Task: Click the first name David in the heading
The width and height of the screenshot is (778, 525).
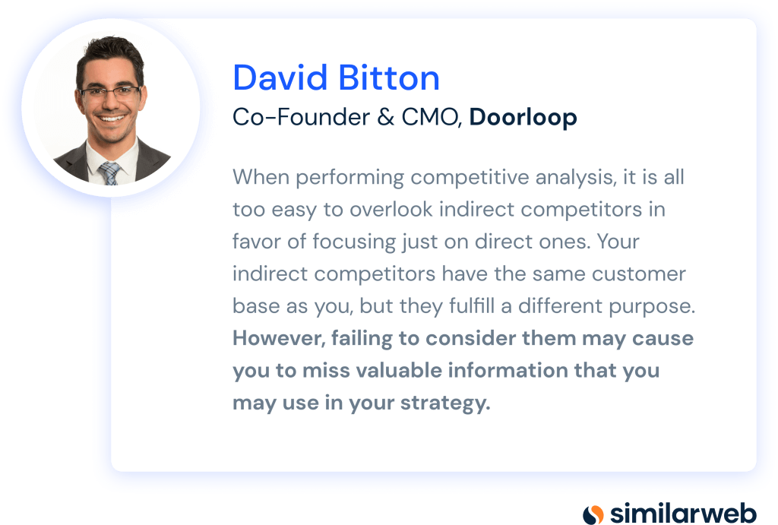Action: (x=280, y=78)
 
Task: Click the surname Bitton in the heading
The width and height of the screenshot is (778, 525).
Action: (x=390, y=78)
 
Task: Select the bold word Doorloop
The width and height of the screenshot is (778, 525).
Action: (x=523, y=117)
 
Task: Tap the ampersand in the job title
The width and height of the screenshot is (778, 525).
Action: (x=385, y=118)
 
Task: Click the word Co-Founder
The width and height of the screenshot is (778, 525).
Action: (x=301, y=118)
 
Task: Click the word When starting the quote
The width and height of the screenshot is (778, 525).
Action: (x=261, y=177)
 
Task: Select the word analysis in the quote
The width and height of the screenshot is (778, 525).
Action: (x=576, y=178)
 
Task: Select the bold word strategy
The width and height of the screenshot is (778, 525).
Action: (x=445, y=403)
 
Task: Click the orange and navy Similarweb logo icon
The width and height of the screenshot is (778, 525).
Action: (x=593, y=514)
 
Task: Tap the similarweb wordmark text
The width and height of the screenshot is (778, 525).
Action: (x=683, y=513)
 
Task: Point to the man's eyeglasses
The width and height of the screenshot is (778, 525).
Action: (x=109, y=92)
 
